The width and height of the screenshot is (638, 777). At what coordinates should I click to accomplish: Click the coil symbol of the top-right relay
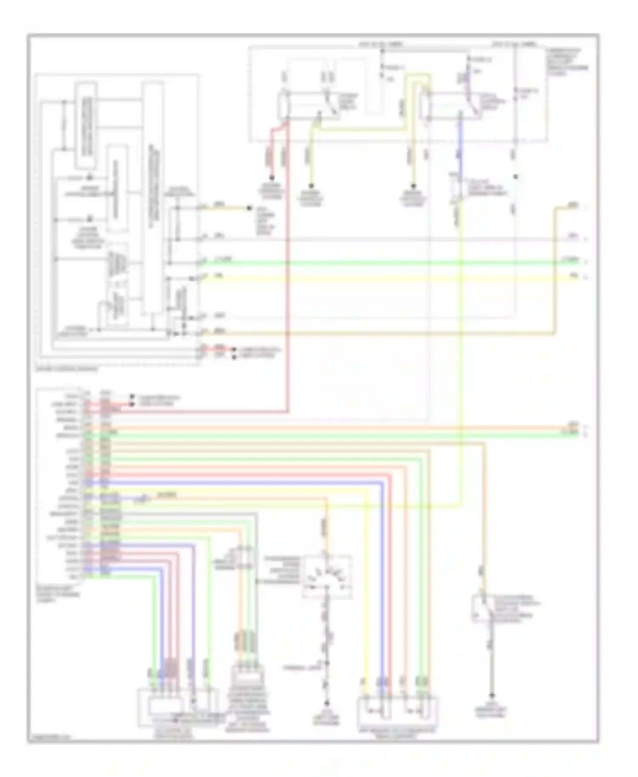424,105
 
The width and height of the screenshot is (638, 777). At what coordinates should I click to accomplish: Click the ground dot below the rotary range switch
327,703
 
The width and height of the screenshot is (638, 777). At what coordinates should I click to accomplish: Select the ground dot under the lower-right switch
492,695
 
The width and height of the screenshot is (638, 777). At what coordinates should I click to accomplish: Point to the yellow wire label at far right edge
574,277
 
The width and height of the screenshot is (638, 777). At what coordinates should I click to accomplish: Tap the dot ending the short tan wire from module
250,208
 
